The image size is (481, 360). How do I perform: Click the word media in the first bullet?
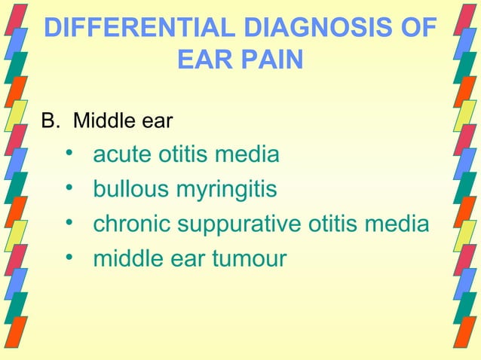248,156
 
